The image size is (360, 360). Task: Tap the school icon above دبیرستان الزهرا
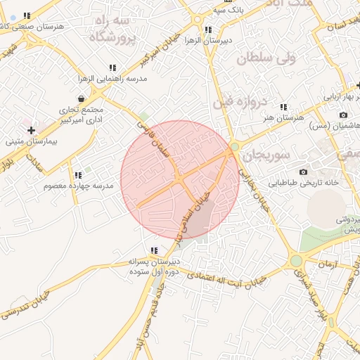207,30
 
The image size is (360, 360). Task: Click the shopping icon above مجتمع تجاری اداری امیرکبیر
82,98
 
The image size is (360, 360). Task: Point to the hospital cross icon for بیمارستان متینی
31,130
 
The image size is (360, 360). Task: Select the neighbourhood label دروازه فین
240,102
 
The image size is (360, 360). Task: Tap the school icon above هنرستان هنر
283,107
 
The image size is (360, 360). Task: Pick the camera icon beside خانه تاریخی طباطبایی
303,172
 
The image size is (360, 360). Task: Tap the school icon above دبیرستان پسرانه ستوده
154,250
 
